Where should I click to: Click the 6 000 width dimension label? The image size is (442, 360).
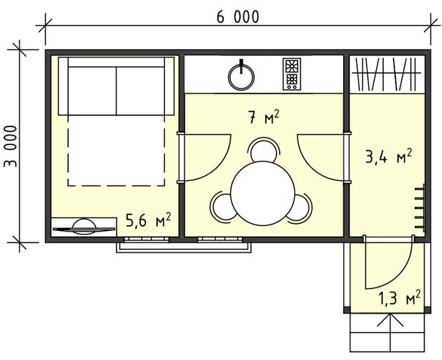tap(238, 18)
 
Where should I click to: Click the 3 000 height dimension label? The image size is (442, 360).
tap(11, 146)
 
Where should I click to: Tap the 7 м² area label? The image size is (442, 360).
tap(264, 117)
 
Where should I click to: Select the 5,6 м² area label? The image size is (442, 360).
tap(148, 220)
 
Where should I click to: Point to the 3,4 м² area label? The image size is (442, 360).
tap(389, 156)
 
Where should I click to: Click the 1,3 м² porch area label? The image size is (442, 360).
tap(399, 298)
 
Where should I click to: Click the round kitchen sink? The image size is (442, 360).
tap(241, 77)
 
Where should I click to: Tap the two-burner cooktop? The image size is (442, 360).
tap(291, 74)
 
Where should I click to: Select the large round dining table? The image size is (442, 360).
tap(262, 194)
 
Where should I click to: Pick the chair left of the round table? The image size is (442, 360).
tap(221, 206)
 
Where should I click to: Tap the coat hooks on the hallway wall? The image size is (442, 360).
tap(420, 208)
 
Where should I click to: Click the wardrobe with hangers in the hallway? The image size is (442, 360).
tap(387, 74)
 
